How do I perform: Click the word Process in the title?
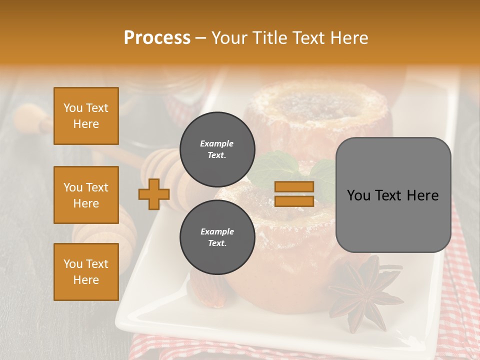[x=157, y=38]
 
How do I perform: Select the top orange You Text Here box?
[x=86, y=116]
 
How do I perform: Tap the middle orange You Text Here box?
[x=86, y=195]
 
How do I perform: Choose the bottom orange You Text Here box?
[x=86, y=271]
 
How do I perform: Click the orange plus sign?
[x=154, y=194]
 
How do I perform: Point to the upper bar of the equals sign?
[x=294, y=186]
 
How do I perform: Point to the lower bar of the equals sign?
[x=294, y=201]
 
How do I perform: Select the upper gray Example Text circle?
[x=217, y=149]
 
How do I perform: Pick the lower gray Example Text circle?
[x=217, y=237]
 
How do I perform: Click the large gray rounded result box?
[x=393, y=195]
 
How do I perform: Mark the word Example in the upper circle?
[x=217, y=143]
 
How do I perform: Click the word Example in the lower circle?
[x=217, y=231]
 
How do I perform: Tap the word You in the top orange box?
[x=72, y=108]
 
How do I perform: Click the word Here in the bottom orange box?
[x=86, y=280]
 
